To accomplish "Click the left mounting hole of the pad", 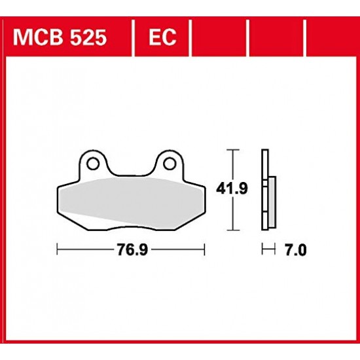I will coord(92,162).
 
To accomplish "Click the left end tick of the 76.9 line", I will coord(58,249).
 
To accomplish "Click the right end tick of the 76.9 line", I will coord(206,249).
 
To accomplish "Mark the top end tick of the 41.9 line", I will coord(230,150).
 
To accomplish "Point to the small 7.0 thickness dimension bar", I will coord(266,249).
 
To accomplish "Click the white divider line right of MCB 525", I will coord(134,37).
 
